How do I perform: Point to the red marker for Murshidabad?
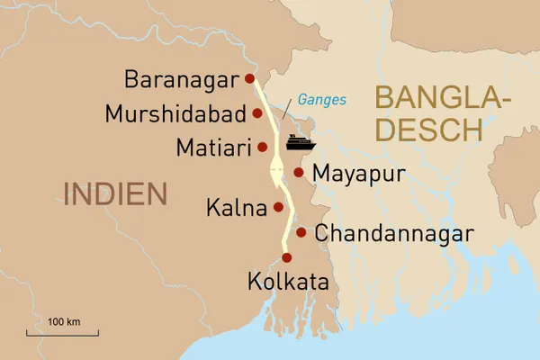[x=257, y=113]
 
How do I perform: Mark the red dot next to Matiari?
[x=262, y=147]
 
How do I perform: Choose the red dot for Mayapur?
[x=298, y=172]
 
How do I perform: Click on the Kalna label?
[x=236, y=209]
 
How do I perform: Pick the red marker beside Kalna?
[x=278, y=207]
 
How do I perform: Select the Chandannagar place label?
[x=394, y=234]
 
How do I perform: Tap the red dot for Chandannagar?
[x=301, y=233]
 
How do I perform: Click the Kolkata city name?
[x=287, y=283]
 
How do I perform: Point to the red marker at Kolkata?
[x=287, y=257]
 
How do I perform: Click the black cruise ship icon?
[x=298, y=141]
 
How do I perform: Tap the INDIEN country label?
[x=115, y=193]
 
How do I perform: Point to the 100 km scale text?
[x=64, y=321]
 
